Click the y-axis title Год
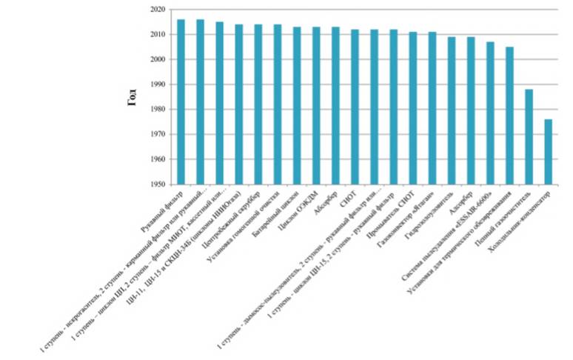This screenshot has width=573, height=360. coord(133,97)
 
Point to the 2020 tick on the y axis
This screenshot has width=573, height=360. coord(155,10)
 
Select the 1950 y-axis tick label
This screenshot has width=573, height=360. coord(155,184)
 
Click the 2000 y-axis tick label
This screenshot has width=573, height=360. coord(155,59)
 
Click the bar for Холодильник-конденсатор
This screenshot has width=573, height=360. coord(549,152)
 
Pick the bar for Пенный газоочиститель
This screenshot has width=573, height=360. coord(529,137)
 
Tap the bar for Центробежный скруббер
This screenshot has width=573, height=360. coord(258,104)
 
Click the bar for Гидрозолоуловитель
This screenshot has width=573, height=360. coord(452,111)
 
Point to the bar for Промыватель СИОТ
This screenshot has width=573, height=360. coord(412,108)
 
